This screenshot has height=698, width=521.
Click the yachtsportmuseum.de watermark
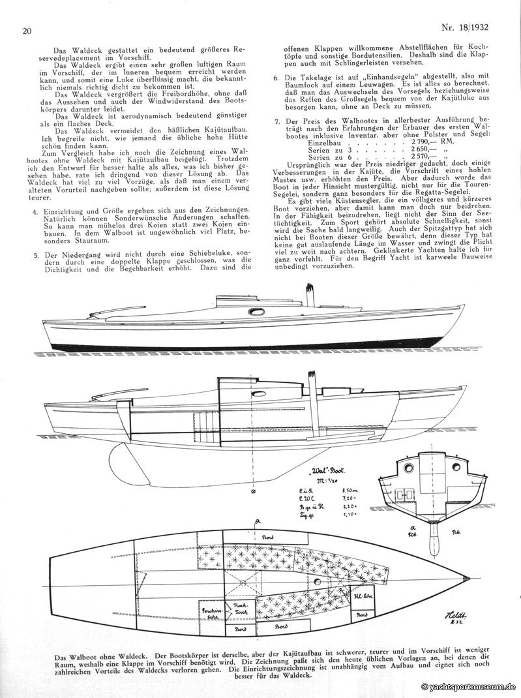468,687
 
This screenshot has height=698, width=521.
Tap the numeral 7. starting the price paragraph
277,122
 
